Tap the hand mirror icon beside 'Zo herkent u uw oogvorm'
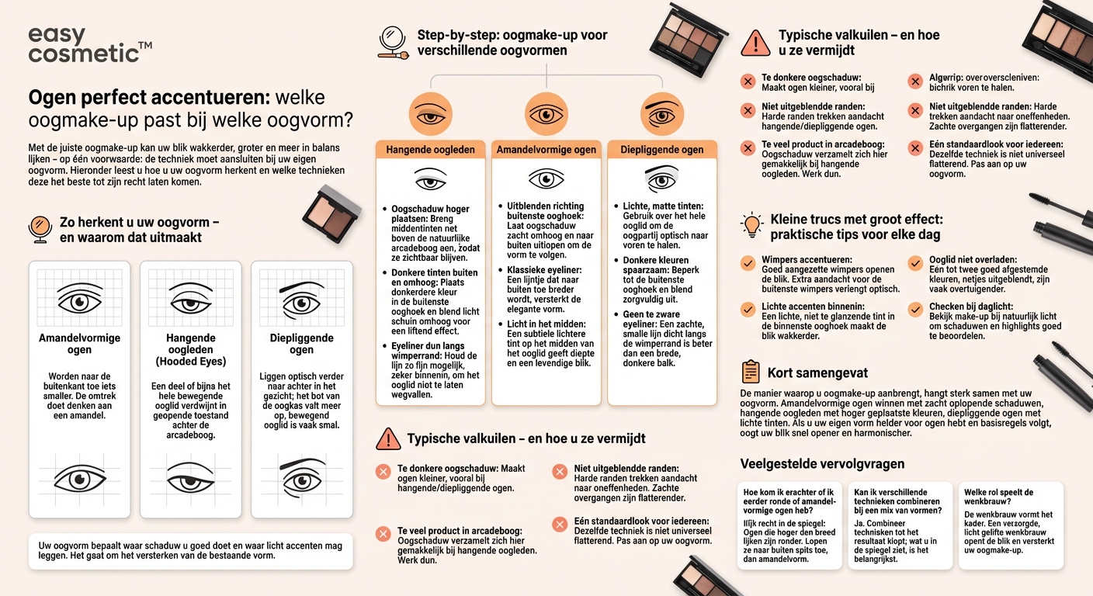[x=40, y=229]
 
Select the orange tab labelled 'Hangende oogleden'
[x=430, y=150]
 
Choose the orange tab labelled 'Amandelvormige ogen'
[x=546, y=150]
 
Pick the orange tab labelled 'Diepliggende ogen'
[x=661, y=150]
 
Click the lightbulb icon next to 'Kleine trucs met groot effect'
[x=752, y=225]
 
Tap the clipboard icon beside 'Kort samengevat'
[x=751, y=372]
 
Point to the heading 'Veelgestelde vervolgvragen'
[x=822, y=464]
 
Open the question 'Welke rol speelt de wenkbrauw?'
[x=997, y=497]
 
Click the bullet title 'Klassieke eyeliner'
[x=539, y=269]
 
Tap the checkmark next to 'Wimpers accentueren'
[x=748, y=263]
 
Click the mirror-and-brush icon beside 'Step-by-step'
[x=394, y=43]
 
